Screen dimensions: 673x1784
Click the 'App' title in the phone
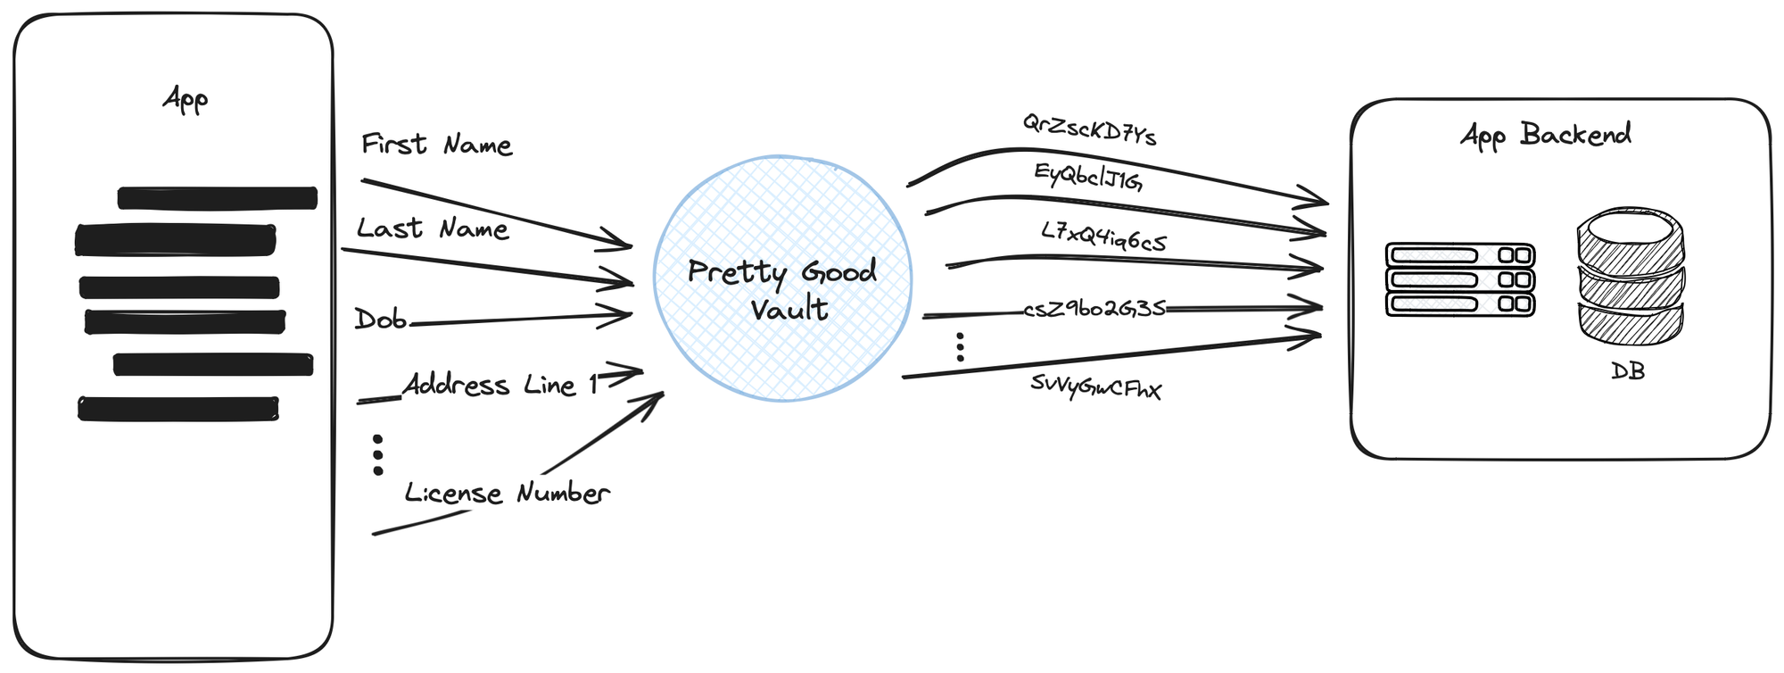click(186, 98)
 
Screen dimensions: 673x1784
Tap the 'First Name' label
click(436, 145)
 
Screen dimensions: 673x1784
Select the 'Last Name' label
click(433, 228)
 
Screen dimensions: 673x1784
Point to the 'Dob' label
click(381, 319)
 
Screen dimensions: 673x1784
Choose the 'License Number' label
click(507, 493)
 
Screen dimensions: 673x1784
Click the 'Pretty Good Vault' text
click(782, 289)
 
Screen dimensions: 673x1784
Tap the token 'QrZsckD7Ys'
click(1089, 130)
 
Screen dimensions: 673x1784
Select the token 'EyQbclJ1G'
click(1088, 177)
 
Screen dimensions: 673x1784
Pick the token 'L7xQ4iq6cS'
click(1103, 237)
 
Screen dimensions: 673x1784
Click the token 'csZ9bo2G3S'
click(1094, 309)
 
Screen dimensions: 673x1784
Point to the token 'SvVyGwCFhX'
click(1095, 387)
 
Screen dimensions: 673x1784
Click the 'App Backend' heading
click(1546, 135)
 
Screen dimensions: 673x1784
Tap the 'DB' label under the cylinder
click(1628, 370)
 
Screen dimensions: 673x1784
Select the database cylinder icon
click(1631, 277)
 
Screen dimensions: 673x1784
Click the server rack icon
click(1460, 279)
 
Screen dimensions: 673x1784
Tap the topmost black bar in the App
click(218, 197)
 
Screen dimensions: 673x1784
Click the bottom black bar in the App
click(178, 409)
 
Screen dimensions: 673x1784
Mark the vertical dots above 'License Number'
click(378, 454)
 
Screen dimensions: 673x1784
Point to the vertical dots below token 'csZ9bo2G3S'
click(960, 346)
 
